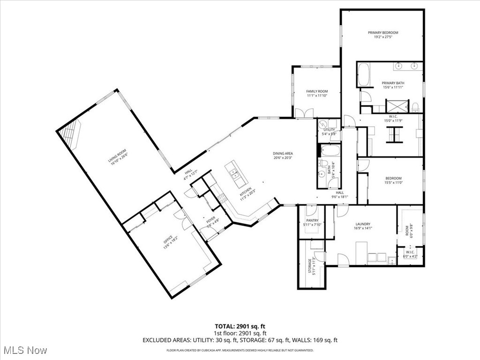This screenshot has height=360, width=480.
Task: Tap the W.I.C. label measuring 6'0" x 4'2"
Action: tap(410, 254)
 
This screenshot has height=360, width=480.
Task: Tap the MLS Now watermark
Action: tap(24, 350)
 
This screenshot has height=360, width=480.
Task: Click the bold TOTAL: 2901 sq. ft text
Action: tap(240, 326)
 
